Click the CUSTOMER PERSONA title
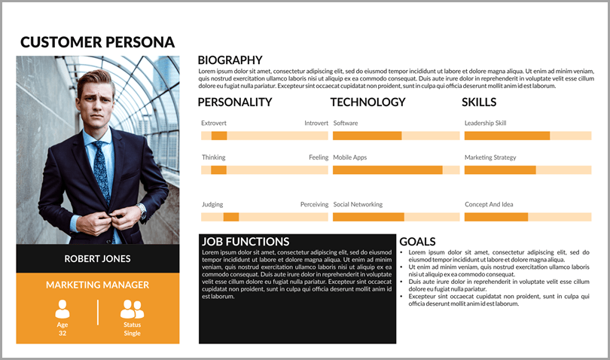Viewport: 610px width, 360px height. pos(97,42)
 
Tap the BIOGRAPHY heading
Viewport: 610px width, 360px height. pos(230,60)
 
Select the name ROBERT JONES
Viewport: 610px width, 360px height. pos(97,258)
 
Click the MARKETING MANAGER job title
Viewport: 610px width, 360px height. pos(97,285)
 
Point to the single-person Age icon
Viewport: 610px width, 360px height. pos(63,309)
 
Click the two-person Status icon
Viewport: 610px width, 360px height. pos(132,309)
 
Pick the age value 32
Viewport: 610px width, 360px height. pos(63,333)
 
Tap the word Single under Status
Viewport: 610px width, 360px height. pos(132,333)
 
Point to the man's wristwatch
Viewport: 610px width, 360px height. pos(141,209)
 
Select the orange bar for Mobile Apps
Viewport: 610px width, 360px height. pos(387,170)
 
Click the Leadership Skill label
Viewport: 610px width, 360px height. pos(485,123)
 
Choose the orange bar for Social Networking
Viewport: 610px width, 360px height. pos(368,217)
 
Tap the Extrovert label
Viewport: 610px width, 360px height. pos(214,123)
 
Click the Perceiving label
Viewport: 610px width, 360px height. pos(314,204)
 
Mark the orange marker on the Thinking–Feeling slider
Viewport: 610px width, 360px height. pos(218,170)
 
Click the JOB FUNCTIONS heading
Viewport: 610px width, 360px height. pos(246,242)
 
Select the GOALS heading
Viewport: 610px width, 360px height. pos(417,242)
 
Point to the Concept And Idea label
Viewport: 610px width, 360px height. pos(489,204)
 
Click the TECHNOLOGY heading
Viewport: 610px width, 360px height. pos(368,102)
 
